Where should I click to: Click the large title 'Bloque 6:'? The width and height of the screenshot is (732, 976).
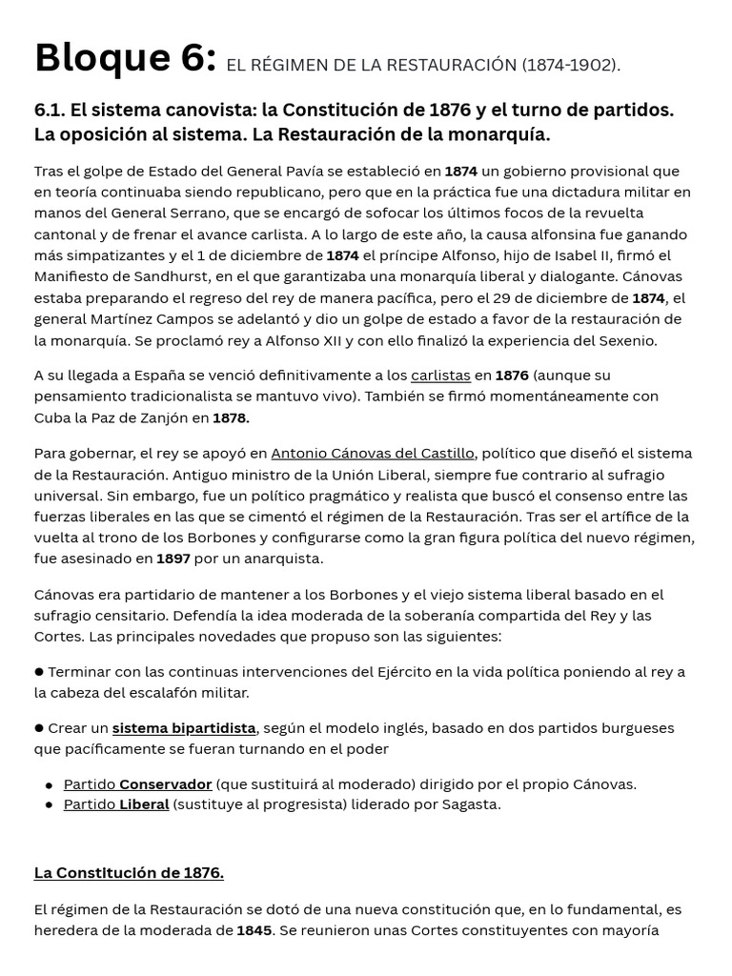pyautogui.click(x=125, y=59)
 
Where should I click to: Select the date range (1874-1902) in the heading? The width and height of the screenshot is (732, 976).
pyautogui.click(x=570, y=65)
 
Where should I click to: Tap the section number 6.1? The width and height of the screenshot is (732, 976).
pyautogui.click(x=50, y=110)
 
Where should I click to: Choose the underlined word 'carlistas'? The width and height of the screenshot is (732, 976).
pyautogui.click(x=440, y=376)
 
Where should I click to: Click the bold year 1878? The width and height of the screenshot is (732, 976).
pyautogui.click(x=231, y=417)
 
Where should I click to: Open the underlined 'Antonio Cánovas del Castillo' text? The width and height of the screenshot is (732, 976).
pyautogui.click(x=372, y=454)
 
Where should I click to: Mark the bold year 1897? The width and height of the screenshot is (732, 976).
pyautogui.click(x=173, y=559)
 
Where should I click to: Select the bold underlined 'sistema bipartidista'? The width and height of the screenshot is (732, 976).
pyautogui.click(x=184, y=728)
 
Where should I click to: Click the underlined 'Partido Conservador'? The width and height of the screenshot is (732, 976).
pyautogui.click(x=137, y=784)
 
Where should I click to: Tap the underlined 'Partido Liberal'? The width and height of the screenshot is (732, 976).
pyautogui.click(x=115, y=804)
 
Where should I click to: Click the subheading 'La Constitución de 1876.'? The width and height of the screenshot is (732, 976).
pyautogui.click(x=129, y=873)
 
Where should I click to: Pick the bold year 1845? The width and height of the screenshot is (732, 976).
pyautogui.click(x=254, y=930)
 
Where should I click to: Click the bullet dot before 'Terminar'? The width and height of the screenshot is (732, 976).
pyautogui.click(x=39, y=672)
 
